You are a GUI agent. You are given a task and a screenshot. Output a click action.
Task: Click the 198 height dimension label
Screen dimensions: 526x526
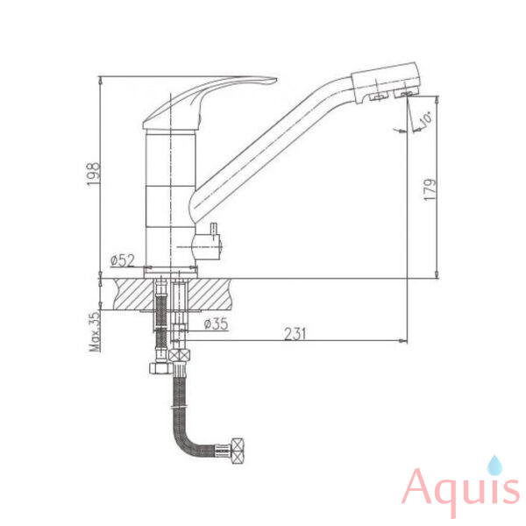[94, 174]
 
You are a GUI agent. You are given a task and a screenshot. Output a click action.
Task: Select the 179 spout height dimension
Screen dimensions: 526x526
[430, 190]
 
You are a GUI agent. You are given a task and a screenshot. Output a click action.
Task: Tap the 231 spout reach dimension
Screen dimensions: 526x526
[295, 334]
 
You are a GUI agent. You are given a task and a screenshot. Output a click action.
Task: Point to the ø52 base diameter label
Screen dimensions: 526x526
[123, 260]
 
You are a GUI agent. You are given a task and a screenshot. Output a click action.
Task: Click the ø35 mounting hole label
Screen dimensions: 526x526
[216, 323]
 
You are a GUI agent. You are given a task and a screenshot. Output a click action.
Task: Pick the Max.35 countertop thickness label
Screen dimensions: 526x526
[95, 331]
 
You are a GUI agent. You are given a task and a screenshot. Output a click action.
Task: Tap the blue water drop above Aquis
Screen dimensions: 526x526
[494, 466]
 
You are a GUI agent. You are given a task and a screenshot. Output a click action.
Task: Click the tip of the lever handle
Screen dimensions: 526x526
[276, 80]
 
